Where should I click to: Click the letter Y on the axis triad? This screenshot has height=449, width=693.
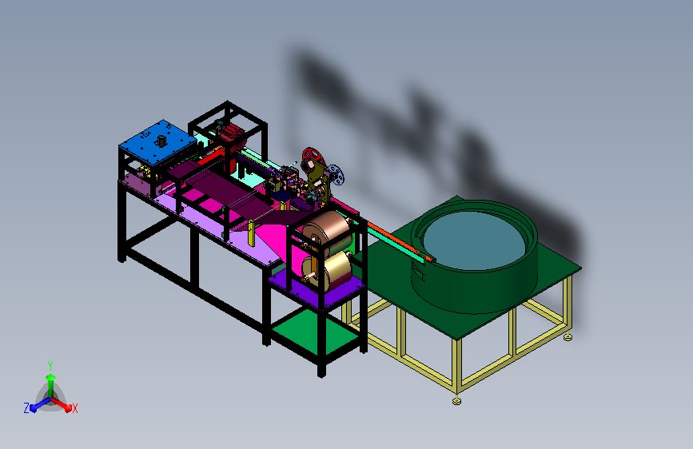[x=50, y=366]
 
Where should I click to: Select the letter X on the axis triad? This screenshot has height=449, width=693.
[x=74, y=408]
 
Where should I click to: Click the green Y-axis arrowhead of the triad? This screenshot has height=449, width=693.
[x=51, y=377]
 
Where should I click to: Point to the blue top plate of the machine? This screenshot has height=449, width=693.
[x=157, y=142]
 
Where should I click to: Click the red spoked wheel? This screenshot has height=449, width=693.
[x=313, y=157]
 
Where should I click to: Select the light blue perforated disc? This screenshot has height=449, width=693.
[x=336, y=174]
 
